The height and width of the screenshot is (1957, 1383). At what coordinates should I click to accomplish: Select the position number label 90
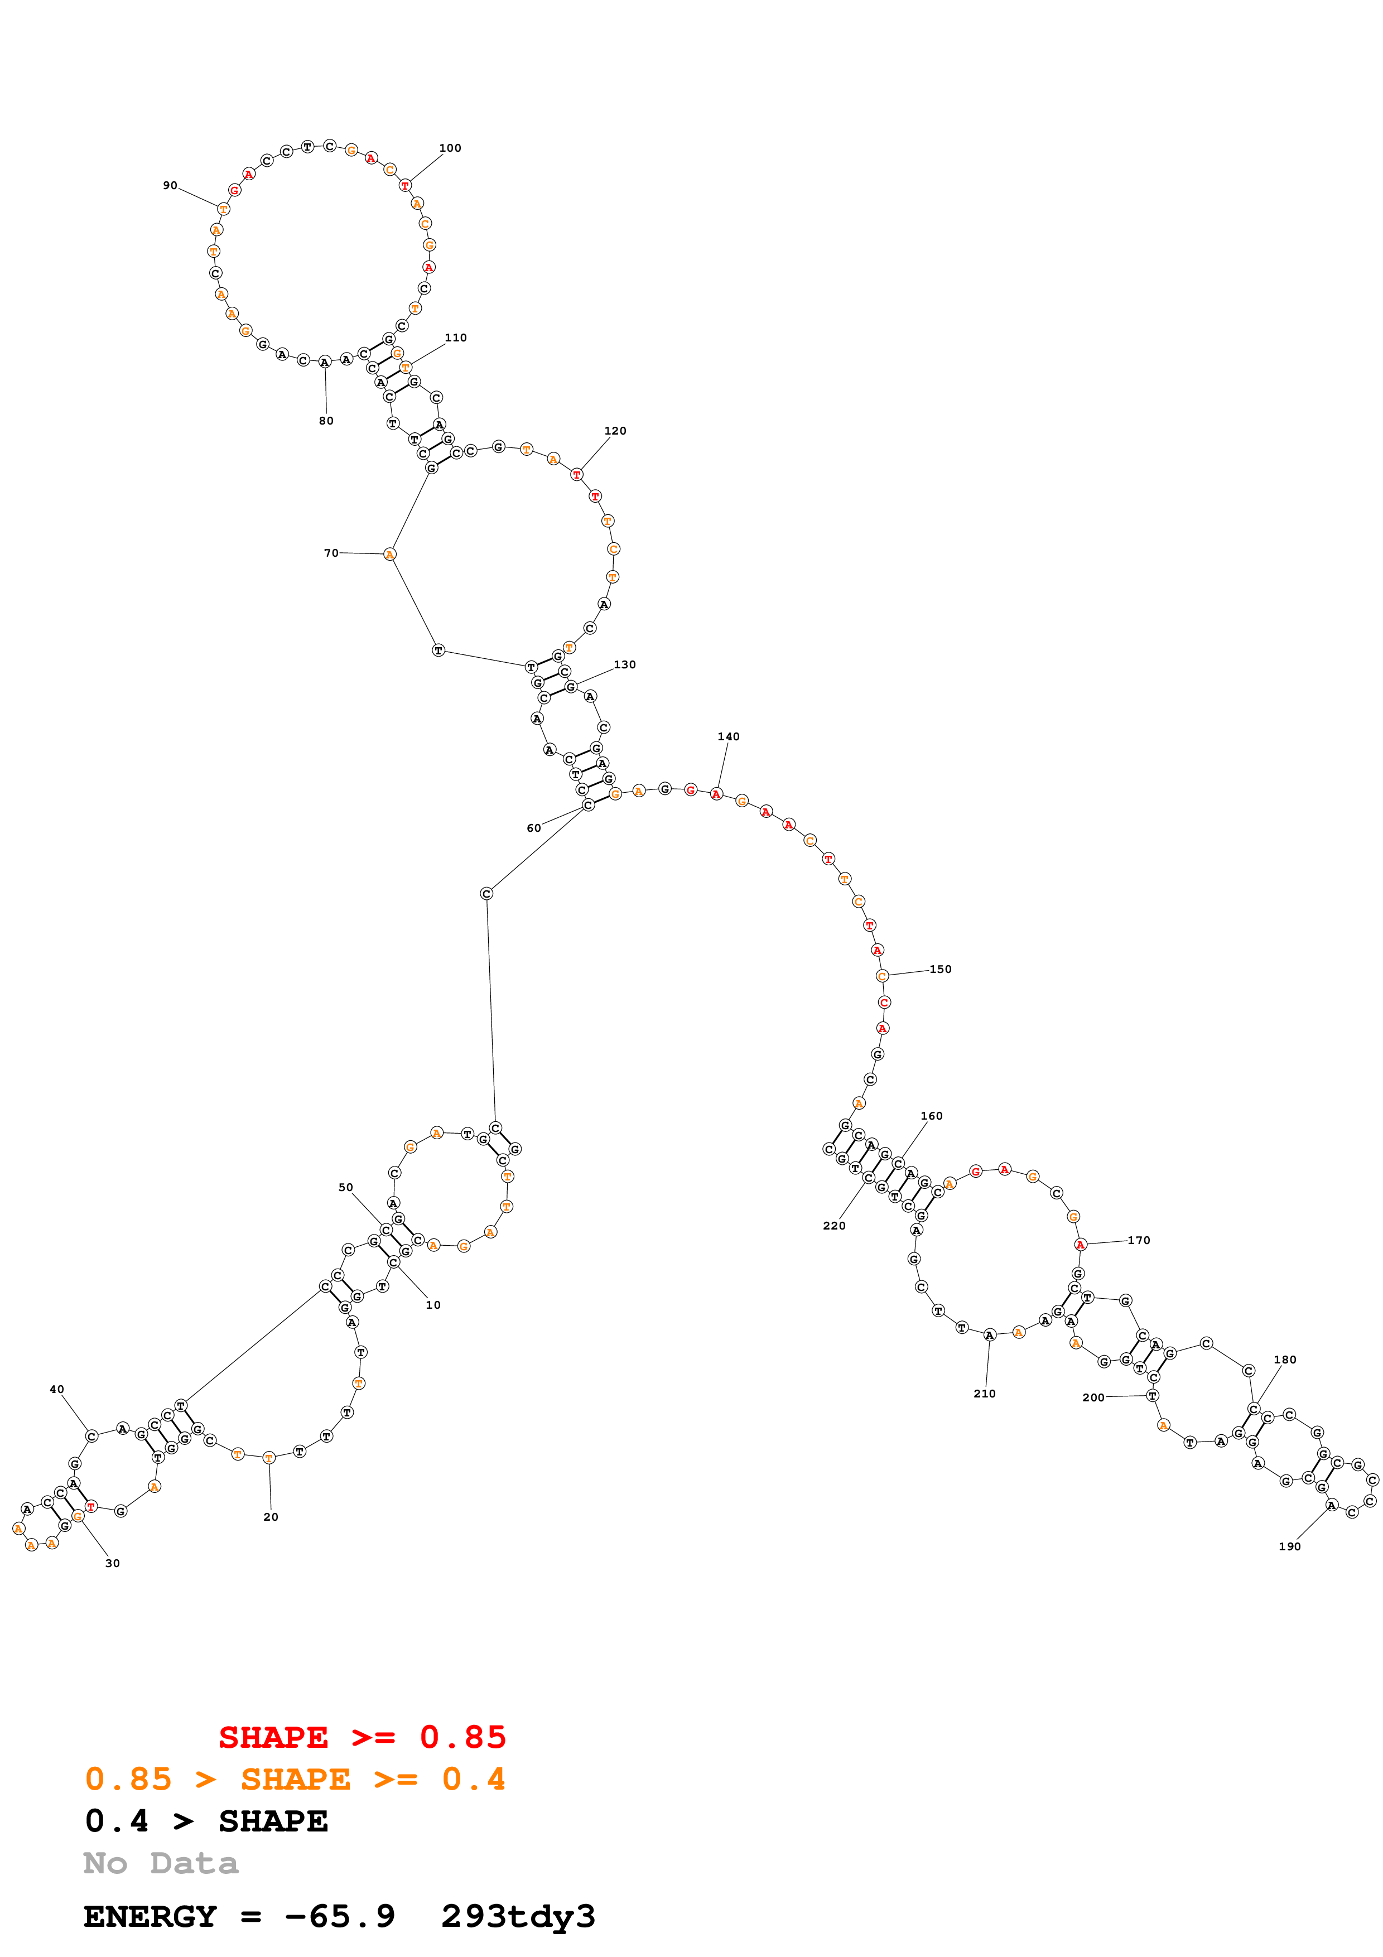[170, 186]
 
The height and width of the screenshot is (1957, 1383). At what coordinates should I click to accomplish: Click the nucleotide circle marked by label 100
[405, 186]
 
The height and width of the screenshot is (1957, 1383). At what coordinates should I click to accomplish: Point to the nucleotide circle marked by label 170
[1081, 1245]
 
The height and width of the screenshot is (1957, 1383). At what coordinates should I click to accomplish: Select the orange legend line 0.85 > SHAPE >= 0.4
[295, 1780]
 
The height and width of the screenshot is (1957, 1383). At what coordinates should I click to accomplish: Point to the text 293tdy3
[518, 1917]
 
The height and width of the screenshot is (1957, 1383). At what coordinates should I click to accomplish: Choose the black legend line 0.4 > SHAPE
[206, 1821]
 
